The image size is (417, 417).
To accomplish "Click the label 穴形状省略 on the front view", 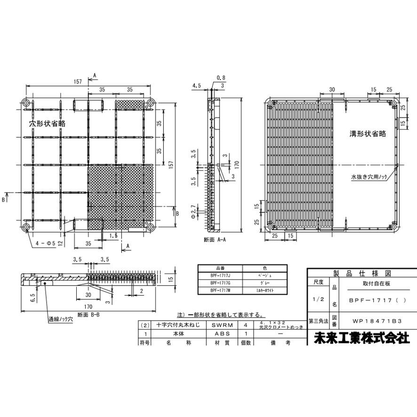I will [x=47, y=123].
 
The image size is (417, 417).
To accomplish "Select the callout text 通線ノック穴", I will [x=61, y=319].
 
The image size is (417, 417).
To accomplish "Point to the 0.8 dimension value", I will [x=221, y=78].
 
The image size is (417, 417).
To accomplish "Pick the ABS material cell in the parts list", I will [x=222, y=333].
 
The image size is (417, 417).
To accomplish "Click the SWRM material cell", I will [x=222, y=325].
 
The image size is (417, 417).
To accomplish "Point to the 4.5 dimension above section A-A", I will [x=197, y=86].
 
